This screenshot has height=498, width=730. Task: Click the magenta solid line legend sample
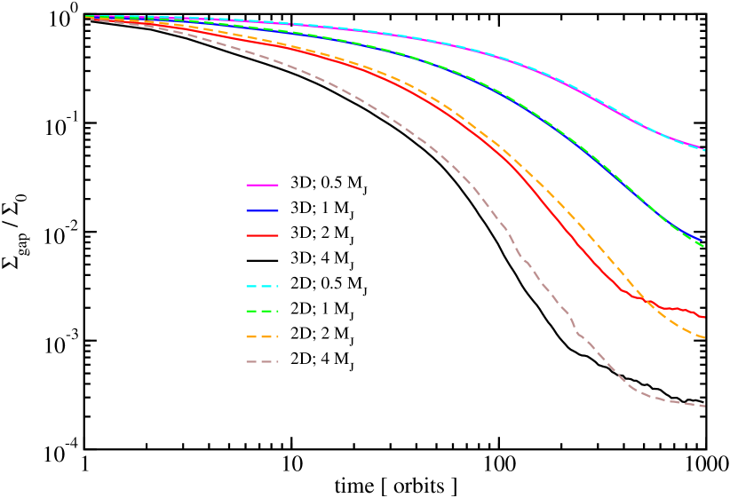262,185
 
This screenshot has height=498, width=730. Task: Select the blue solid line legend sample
262,210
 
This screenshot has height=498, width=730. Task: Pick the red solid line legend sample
262,236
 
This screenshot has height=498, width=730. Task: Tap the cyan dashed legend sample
262,287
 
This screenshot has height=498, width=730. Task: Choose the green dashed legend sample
262,312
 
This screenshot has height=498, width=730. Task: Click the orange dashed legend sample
262,337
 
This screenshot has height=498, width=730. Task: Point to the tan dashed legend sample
262,362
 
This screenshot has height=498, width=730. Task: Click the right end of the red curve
704,317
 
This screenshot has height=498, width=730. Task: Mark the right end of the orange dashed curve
704,338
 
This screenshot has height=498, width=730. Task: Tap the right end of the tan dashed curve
704,407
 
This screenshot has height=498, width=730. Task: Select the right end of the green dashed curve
704,247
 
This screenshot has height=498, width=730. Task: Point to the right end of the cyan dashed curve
704,150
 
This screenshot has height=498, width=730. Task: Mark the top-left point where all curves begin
87,17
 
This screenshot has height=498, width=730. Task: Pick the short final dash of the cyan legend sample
276,287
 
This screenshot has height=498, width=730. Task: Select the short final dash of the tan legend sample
276,362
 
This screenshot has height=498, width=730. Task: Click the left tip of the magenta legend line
247,185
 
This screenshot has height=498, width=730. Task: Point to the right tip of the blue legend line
278,210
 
